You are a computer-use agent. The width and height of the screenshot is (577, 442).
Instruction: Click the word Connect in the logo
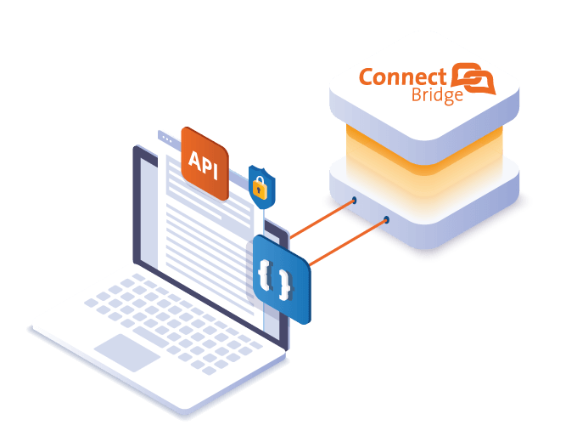click(402, 76)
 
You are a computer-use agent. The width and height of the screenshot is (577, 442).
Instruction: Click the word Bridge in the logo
click(437, 95)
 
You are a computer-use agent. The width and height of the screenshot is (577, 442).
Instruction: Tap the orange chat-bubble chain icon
click(473, 78)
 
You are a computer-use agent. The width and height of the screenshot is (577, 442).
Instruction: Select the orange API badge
click(204, 163)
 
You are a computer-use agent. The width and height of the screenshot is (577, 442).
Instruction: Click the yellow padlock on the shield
click(260, 188)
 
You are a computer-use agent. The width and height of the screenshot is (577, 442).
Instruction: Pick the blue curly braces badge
click(282, 279)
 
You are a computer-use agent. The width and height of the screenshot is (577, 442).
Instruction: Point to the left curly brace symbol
click(264, 274)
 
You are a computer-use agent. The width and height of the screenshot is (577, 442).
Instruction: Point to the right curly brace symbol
click(284, 285)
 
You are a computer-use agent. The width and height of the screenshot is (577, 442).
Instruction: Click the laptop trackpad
click(127, 353)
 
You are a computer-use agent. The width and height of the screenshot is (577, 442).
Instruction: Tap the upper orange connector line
click(322, 219)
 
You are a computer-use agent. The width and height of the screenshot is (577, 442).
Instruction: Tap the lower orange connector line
click(348, 242)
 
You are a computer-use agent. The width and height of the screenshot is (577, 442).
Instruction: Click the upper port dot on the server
click(354, 200)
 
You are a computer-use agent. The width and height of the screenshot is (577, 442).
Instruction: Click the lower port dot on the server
click(386, 219)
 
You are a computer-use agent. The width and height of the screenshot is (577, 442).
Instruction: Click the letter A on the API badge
click(194, 160)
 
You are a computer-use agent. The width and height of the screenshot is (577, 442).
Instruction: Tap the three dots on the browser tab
click(167, 139)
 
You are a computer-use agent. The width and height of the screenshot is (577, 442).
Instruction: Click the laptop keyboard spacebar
click(151, 337)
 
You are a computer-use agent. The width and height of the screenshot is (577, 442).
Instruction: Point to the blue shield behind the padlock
click(261, 187)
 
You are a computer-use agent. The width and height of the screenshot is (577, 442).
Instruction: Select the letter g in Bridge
click(449, 98)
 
